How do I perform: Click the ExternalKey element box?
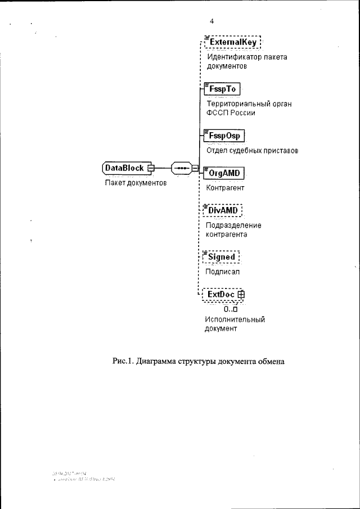pos(233,42)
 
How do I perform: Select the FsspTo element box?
pos(222,89)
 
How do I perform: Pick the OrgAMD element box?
pos(224,173)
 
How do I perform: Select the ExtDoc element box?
pos(221,294)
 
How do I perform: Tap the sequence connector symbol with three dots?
pos(181,168)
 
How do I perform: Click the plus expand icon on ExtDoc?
pos(241,294)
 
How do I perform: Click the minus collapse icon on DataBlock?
pos(150,168)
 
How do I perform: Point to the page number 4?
pos(212,21)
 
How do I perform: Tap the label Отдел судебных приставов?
pos(251,151)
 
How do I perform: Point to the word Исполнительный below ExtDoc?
pos(235,319)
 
